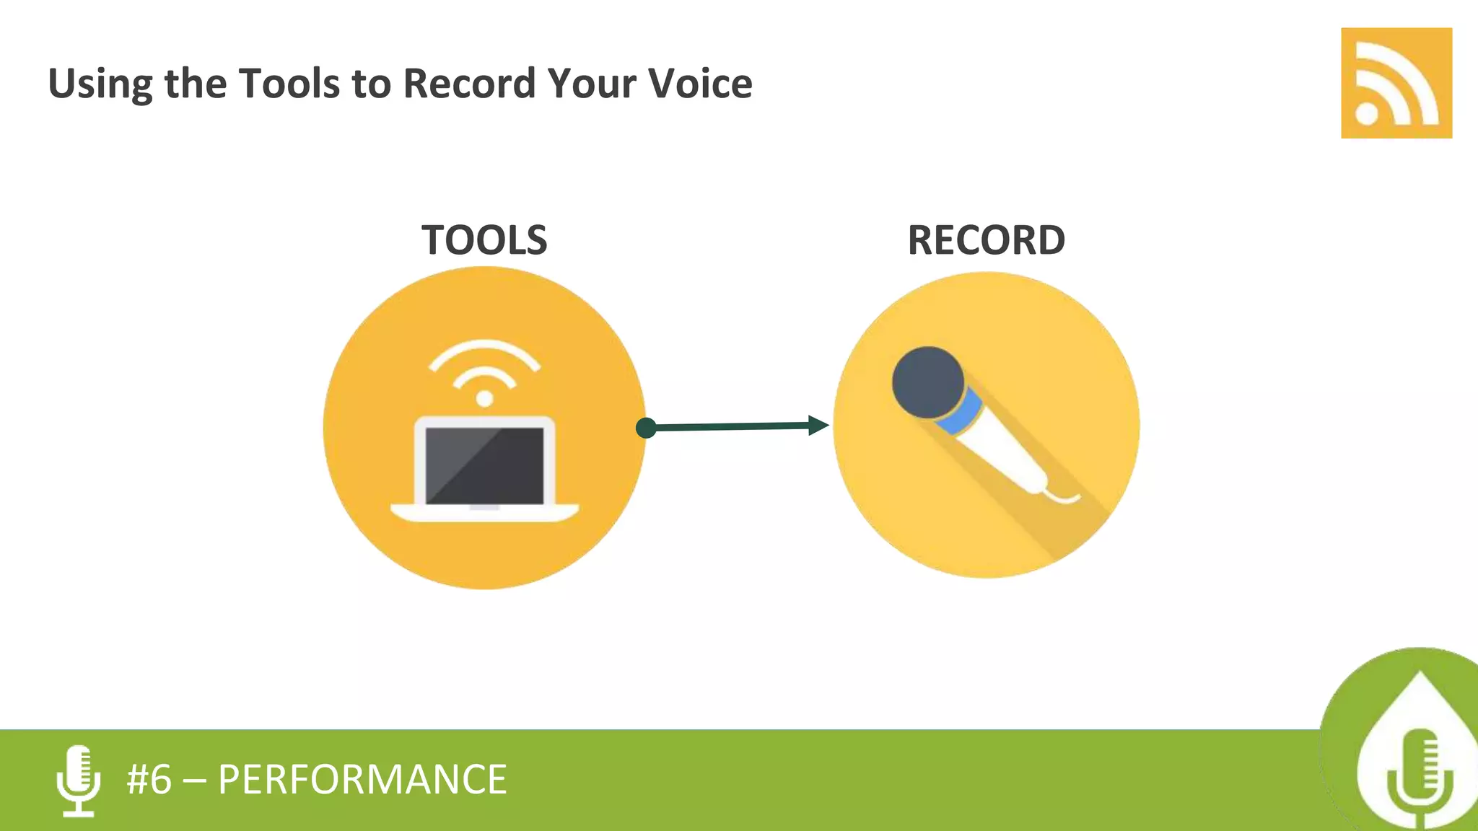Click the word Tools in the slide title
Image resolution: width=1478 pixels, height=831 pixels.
pyautogui.click(x=289, y=83)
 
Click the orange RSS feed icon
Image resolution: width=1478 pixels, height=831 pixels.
pyautogui.click(x=1396, y=83)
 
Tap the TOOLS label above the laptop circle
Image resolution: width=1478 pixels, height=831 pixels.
pyautogui.click(x=484, y=240)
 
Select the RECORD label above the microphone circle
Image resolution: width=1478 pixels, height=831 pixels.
pyautogui.click(x=986, y=240)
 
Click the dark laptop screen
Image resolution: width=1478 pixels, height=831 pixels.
pyautogui.click(x=484, y=466)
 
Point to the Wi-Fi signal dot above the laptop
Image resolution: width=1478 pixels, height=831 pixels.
pyautogui.click(x=484, y=398)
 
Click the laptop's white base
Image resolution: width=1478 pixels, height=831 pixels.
pyautogui.click(x=484, y=513)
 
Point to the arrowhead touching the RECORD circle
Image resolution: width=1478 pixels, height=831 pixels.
pyautogui.click(x=818, y=426)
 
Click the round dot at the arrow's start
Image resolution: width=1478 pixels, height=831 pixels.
pyautogui.click(x=646, y=428)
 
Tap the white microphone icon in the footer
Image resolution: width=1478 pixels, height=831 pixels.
pyautogui.click(x=78, y=781)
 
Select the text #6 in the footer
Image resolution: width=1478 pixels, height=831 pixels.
pyautogui.click(x=149, y=780)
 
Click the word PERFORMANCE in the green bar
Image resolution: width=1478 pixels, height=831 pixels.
pyautogui.click(x=362, y=780)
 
